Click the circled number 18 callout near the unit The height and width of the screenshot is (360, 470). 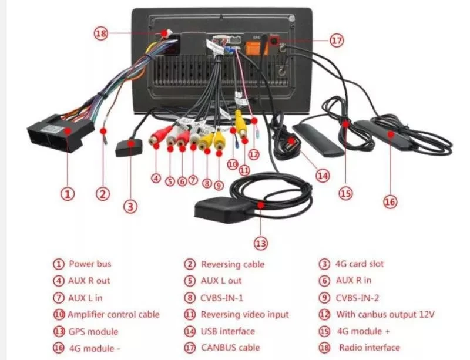[x=102, y=33]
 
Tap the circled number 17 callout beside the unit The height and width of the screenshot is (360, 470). [x=336, y=41]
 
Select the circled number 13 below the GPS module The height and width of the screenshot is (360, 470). [x=261, y=243]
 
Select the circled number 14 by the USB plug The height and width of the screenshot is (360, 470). [x=322, y=175]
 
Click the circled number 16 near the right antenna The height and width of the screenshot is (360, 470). [x=390, y=201]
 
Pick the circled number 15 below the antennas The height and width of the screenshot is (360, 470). [x=345, y=192]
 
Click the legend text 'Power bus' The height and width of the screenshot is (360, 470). [x=90, y=264]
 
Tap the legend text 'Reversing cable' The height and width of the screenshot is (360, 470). [x=233, y=264]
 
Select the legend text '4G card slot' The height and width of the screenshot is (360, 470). [x=359, y=264]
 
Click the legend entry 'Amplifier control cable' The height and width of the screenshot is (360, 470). [x=113, y=315]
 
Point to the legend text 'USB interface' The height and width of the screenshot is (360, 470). [x=227, y=331]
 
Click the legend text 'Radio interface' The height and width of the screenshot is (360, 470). [x=369, y=348]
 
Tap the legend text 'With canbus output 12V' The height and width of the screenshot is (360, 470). [x=385, y=315]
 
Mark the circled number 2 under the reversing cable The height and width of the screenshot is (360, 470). [x=103, y=194]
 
